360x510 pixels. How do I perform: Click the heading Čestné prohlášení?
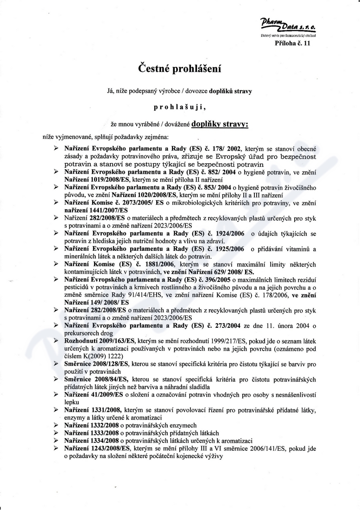click(180, 69)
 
